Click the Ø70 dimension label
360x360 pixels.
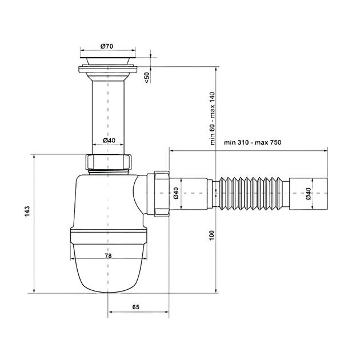tap(107, 46)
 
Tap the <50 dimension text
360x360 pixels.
tap(147, 77)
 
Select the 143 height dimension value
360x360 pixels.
tap(27, 211)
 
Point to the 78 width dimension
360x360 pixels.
tap(108, 255)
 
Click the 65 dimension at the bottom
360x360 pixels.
tap(135, 307)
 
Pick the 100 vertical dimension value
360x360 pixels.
tap(211, 235)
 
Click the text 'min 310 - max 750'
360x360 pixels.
tap(253, 142)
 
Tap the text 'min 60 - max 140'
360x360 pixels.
tap(213, 118)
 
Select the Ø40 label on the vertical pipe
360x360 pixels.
tap(109, 140)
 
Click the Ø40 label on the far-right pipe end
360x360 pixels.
tap(309, 193)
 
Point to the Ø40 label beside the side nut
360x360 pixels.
tap(177, 193)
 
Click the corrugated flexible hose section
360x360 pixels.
tap(251, 193)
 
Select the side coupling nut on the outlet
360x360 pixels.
tap(162, 193)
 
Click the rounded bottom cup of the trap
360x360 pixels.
tap(108, 268)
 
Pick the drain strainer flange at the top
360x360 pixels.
tap(108, 69)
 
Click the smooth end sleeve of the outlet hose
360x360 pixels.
tap(309, 193)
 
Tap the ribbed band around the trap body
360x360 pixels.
tap(108, 236)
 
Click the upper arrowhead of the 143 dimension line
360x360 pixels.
tap(34, 157)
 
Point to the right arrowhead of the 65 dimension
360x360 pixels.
tap(166, 312)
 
